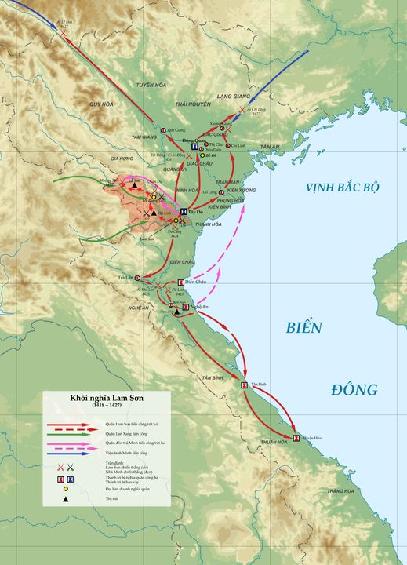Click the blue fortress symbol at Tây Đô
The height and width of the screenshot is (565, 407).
[184, 212]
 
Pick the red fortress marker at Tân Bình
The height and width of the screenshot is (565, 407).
[245, 385]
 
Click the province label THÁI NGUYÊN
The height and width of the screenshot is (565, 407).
[193, 104]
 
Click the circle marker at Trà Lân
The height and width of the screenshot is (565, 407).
[138, 278]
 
